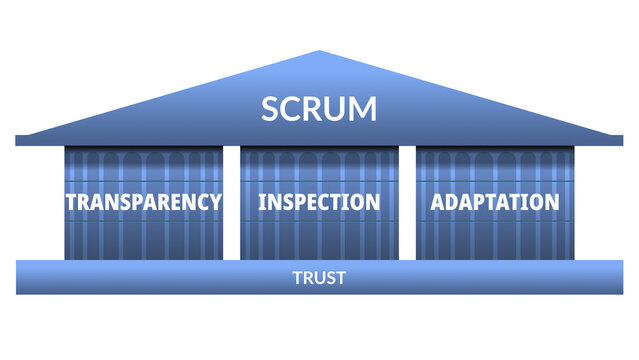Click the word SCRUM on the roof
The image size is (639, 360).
(319, 108)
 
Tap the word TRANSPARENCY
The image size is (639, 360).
(143, 201)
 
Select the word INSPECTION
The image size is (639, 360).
(319, 201)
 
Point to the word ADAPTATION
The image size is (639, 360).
(494, 201)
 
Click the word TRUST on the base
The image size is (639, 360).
(319, 278)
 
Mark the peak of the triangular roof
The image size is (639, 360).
(319, 52)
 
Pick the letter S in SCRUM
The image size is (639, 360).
(270, 108)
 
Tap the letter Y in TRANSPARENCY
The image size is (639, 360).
(214, 201)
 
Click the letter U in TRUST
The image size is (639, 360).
(319, 278)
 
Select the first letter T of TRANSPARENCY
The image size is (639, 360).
(71, 201)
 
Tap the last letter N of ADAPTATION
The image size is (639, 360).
(551, 201)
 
